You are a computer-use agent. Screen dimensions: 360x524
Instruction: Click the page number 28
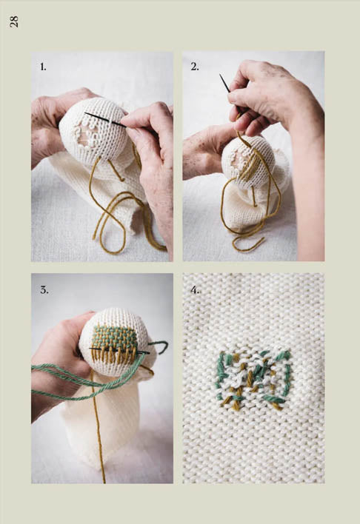[14, 21]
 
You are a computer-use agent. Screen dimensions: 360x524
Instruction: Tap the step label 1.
[43, 67]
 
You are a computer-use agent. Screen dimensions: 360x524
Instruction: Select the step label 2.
[195, 67]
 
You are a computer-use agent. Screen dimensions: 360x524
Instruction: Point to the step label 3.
[44, 290]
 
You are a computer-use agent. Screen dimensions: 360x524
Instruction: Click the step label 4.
[196, 289]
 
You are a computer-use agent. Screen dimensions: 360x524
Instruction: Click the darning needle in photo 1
[105, 120]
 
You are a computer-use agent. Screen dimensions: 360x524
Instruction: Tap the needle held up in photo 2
[225, 83]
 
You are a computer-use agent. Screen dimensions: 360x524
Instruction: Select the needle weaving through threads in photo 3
[119, 351]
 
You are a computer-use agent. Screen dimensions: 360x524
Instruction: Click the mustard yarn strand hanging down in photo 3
[98, 424]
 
